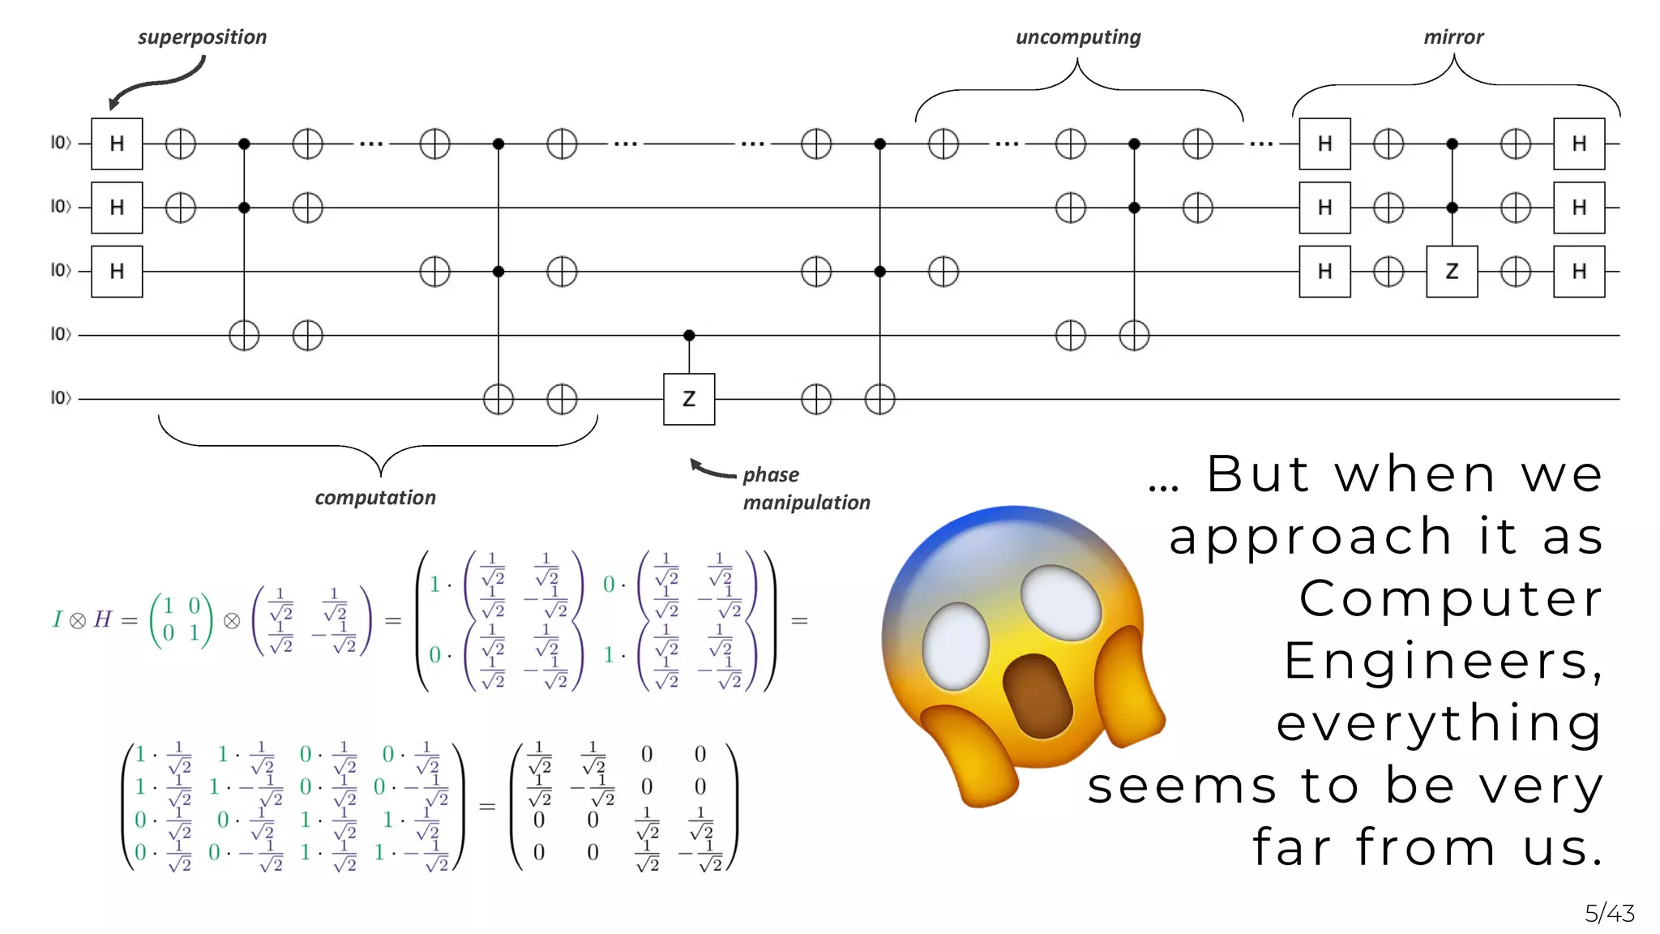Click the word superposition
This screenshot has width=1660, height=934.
(x=202, y=37)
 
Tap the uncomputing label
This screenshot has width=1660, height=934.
(x=1077, y=37)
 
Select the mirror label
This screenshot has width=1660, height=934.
(x=1453, y=37)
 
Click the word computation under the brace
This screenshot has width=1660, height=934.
(x=375, y=498)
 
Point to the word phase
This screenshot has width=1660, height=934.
(x=771, y=475)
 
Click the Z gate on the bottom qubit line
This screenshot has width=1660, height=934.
(x=689, y=399)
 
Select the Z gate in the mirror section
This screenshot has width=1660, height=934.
(x=1452, y=272)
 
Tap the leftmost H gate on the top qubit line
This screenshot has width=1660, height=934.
(x=117, y=144)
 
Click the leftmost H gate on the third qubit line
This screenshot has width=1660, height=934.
(x=117, y=272)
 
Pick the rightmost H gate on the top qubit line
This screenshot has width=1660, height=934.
(x=1579, y=144)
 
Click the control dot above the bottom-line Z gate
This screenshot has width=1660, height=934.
(x=689, y=335)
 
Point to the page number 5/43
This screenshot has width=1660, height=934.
(x=1610, y=914)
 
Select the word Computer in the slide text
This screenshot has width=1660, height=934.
(x=1451, y=599)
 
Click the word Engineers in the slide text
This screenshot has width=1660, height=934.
(x=1443, y=662)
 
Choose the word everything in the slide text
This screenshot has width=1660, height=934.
(x=1440, y=724)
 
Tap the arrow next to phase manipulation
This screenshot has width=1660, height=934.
(x=712, y=469)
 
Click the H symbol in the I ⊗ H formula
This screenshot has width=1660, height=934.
(x=102, y=620)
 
